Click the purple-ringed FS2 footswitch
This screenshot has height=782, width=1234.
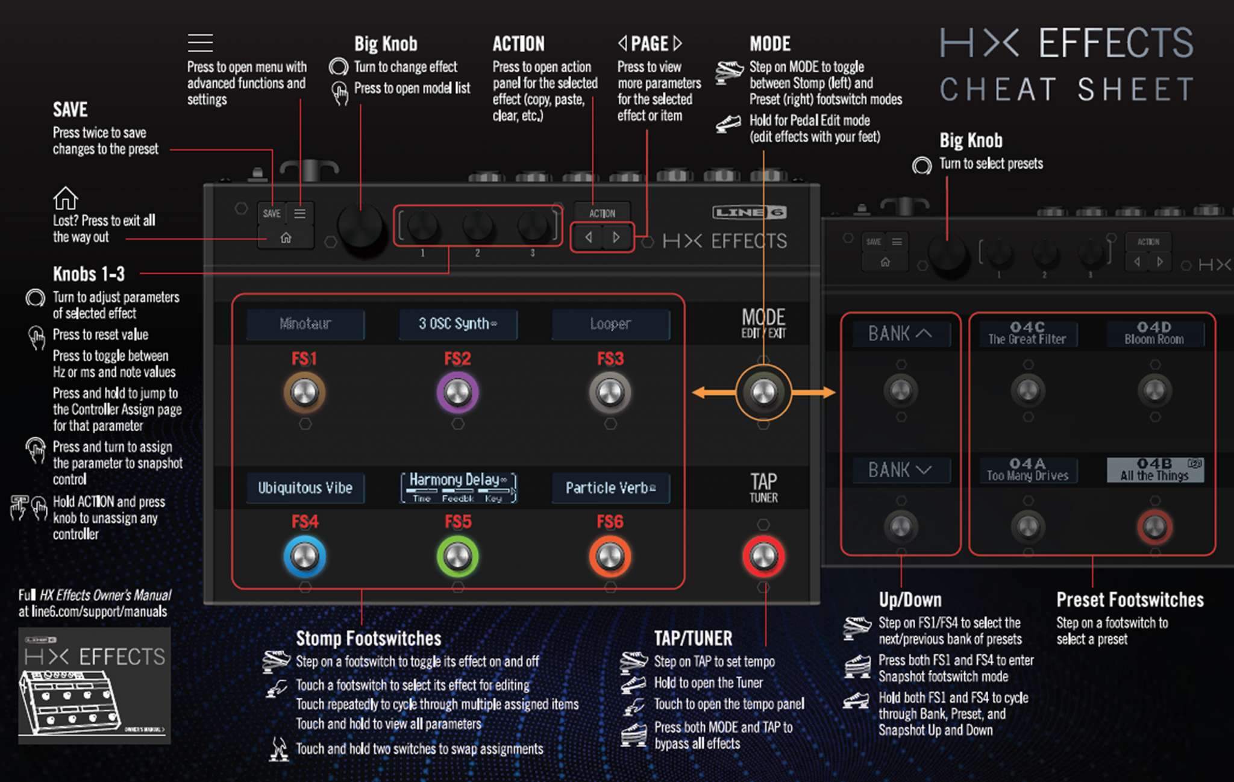pos(457,393)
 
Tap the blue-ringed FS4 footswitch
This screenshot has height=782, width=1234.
pos(305,556)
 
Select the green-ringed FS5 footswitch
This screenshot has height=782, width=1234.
pos(457,556)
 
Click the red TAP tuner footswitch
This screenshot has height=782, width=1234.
pos(763,556)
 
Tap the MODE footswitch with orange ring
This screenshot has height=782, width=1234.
pos(763,393)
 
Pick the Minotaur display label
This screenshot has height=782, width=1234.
pos(305,324)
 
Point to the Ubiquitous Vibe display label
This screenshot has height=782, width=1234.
pos(305,488)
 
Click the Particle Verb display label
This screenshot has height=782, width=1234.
pos(610,488)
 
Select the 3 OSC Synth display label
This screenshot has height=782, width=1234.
pos(457,324)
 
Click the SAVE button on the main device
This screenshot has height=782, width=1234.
pos(272,213)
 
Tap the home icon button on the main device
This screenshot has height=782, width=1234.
pos(286,238)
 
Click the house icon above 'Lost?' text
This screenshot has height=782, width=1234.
pos(65,198)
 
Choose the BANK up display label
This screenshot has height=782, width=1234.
pos(900,334)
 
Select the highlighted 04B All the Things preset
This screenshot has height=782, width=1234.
pos(1154,470)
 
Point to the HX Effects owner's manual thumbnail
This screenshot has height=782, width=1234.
pos(95,686)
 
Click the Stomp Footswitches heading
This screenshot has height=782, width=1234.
pos(368,639)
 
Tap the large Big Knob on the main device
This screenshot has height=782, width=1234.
pos(360,227)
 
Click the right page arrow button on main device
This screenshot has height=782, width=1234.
pos(616,237)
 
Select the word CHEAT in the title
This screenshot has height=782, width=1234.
pos(998,90)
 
